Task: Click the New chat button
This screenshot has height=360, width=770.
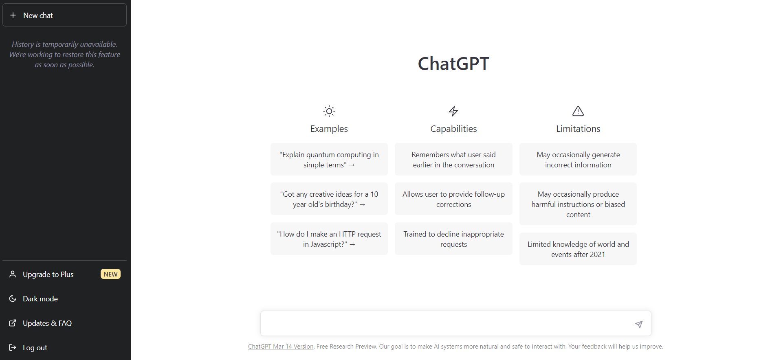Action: click(64, 15)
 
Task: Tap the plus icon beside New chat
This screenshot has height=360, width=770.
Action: click(13, 15)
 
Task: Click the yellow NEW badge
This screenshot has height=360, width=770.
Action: click(110, 274)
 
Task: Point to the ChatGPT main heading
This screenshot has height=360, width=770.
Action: click(453, 64)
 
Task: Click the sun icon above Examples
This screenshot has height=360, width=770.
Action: click(329, 111)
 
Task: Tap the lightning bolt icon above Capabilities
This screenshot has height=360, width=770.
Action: click(453, 111)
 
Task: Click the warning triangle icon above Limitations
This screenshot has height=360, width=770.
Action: click(578, 111)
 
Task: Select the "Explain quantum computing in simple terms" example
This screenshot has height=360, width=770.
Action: click(329, 159)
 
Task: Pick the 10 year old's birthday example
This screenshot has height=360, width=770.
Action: click(329, 199)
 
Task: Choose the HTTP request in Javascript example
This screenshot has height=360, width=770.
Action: click(329, 239)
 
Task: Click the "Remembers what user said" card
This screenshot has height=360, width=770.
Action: click(453, 159)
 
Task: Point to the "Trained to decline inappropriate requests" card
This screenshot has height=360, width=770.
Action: click(453, 239)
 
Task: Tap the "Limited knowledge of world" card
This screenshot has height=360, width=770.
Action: click(578, 249)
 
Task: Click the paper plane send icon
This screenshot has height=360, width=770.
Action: click(639, 324)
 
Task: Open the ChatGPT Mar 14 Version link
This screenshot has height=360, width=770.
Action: click(281, 347)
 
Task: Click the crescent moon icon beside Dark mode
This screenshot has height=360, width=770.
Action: click(13, 299)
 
